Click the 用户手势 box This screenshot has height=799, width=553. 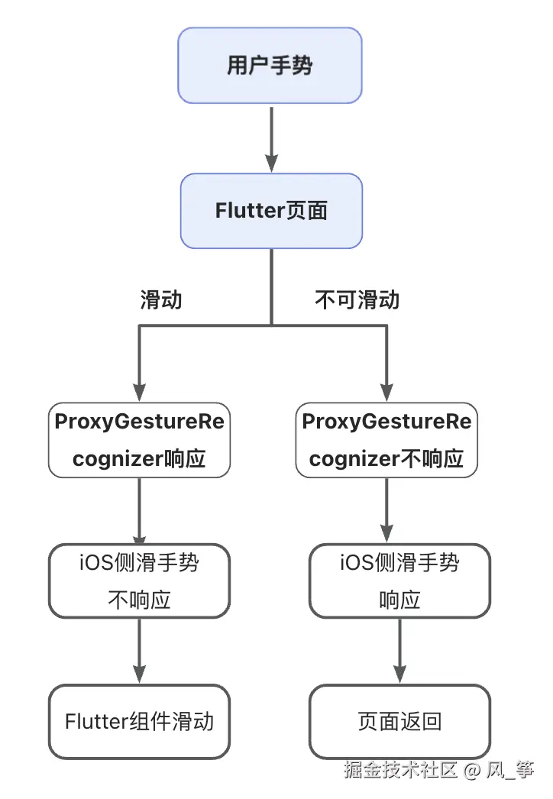270,66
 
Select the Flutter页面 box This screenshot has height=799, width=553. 270,211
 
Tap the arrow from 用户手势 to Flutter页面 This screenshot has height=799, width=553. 271,137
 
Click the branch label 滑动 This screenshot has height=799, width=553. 161,299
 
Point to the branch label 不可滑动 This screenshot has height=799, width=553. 357,299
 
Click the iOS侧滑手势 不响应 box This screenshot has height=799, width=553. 139,581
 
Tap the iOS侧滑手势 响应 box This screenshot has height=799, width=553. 399,581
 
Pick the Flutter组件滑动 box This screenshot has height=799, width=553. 139,721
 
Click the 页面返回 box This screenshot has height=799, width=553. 399,721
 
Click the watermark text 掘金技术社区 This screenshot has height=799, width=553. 399,769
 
